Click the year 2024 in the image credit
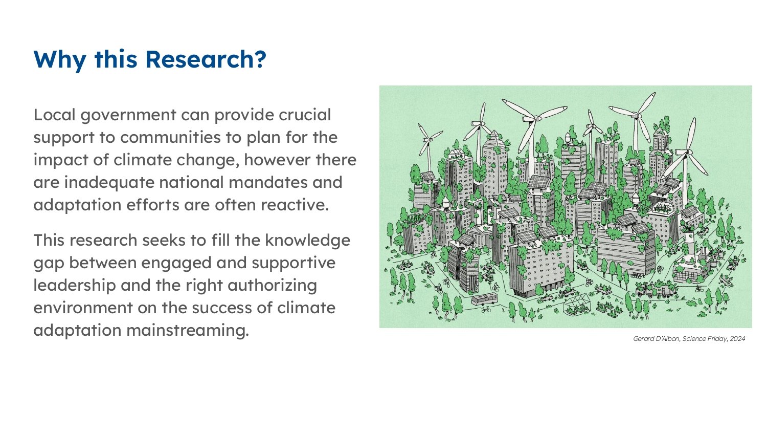[737, 339]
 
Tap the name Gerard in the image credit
[643, 339]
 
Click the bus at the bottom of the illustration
[484, 299]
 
